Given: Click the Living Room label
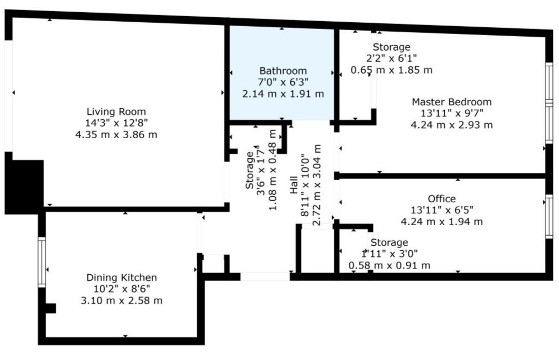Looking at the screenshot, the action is point(116,111).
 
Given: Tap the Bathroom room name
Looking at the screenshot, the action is point(283,71).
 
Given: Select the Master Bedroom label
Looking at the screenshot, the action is point(451,102).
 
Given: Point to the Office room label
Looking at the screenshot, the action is point(442,198).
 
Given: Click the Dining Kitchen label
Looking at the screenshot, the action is point(121,278).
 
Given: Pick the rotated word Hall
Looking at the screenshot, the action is point(293,185).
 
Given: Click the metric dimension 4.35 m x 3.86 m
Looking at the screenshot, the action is point(116,135).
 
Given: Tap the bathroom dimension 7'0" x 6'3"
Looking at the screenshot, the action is point(283,82).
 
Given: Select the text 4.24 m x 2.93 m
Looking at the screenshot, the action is point(451,125).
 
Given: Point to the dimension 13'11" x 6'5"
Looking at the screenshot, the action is point(442,210).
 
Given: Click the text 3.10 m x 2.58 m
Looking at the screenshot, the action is point(121,300).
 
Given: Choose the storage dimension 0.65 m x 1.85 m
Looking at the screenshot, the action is point(391,70).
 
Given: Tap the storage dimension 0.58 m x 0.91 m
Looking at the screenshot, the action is point(390,266).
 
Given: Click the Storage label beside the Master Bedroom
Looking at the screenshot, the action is point(391,47).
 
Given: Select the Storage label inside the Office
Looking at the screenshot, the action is point(390,243).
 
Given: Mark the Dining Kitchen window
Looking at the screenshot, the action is point(42,262).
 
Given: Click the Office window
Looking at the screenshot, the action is point(549,216).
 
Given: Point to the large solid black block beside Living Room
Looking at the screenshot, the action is point(24,187).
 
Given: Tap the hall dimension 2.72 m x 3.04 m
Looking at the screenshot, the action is point(316,185).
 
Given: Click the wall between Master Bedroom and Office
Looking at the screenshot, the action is point(442,176).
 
